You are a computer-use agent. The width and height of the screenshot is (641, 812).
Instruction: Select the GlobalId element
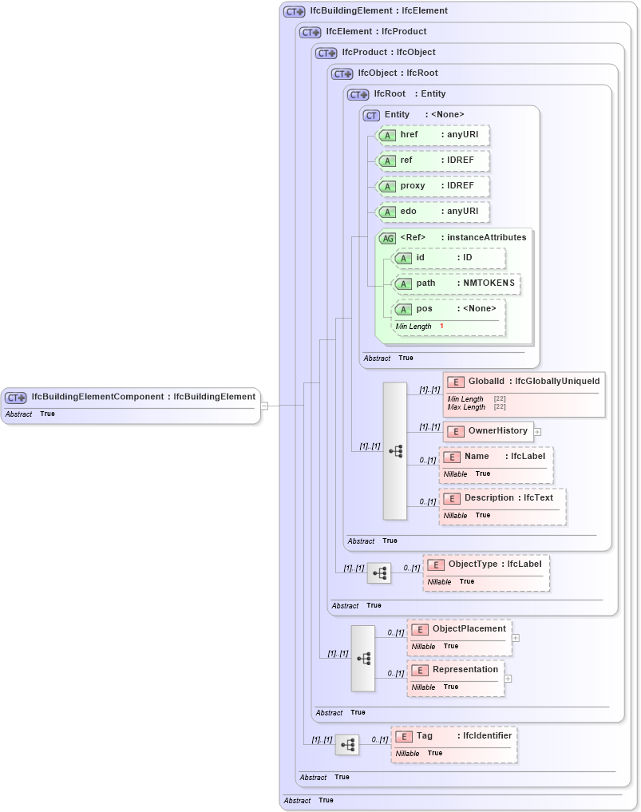(x=523, y=382)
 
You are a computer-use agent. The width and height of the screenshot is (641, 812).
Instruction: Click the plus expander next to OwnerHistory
(x=537, y=432)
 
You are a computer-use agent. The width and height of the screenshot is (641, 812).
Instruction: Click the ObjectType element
(x=486, y=564)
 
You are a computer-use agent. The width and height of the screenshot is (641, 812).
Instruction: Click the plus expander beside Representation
(x=508, y=679)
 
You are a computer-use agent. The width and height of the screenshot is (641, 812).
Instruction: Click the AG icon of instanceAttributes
(x=387, y=238)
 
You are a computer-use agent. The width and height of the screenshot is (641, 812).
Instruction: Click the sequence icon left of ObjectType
(x=379, y=573)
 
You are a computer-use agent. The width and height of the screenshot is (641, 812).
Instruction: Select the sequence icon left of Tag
(x=347, y=745)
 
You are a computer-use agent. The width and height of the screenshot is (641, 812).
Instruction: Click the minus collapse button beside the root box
(x=264, y=406)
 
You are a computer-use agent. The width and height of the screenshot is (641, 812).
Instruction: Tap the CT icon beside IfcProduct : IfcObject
(x=326, y=53)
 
